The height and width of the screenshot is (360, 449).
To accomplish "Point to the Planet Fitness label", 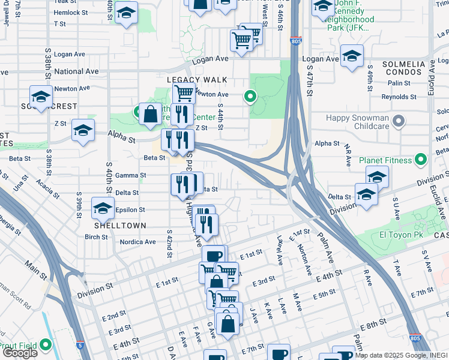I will (x=385, y=160).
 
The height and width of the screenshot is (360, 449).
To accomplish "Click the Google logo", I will (x=20, y=353).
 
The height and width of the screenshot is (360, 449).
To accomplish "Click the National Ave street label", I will (x=76, y=71).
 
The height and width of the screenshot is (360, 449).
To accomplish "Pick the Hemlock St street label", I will (x=71, y=12).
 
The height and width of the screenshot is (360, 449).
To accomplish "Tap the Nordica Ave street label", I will (x=137, y=242).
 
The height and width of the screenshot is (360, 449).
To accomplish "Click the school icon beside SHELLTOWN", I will (x=103, y=209).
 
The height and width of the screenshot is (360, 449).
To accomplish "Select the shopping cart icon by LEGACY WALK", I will (x=184, y=93).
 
